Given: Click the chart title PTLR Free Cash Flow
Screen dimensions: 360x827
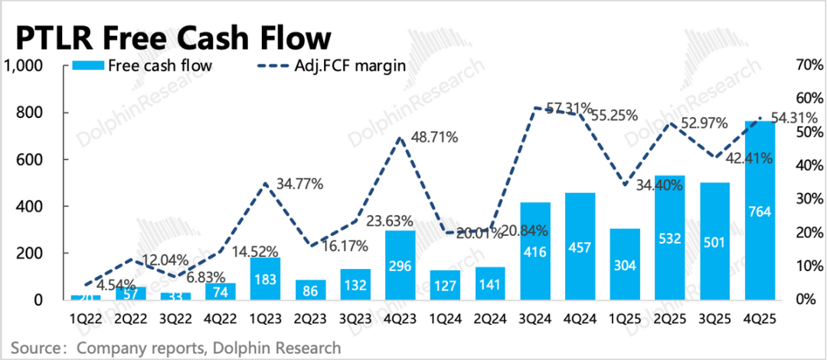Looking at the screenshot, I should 173,38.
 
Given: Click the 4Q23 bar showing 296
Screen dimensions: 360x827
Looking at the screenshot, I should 400,265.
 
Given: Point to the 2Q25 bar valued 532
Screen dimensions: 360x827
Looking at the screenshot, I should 670,237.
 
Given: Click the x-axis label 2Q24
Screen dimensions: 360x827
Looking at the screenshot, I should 491,315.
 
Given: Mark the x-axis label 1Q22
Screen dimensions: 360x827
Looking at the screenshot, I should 86,315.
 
